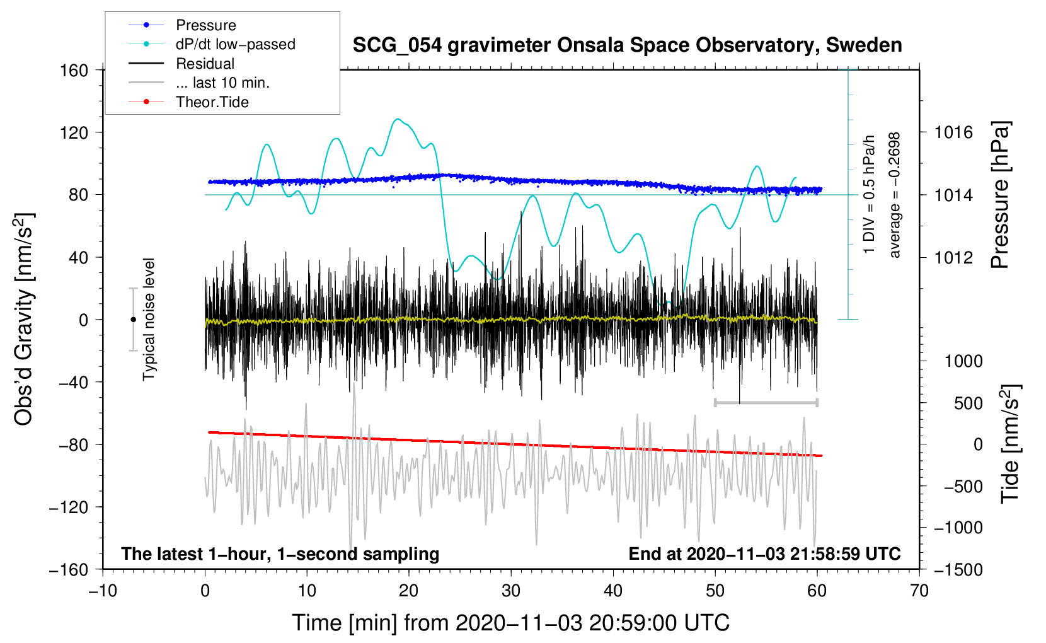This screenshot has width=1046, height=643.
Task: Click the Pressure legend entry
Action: point(205,25)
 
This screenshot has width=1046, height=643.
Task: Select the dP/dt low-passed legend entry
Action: point(234,44)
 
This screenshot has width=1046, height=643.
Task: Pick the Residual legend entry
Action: point(205,64)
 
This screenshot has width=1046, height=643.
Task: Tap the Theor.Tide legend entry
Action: point(212,102)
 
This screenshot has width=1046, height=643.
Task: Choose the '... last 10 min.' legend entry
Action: point(222,83)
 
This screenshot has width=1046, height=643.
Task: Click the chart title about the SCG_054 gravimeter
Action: point(627,45)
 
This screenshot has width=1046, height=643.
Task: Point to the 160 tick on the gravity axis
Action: point(74,70)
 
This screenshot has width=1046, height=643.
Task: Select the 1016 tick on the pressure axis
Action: point(953,132)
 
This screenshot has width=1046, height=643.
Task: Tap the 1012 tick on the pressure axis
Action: point(953,257)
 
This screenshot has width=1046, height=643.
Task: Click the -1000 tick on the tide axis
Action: point(958,528)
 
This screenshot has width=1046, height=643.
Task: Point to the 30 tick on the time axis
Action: point(511,591)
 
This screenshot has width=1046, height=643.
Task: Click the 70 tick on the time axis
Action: point(919,591)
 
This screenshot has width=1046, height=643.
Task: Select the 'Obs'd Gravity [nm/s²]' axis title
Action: point(24,319)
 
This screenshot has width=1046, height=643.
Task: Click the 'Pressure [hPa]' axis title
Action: point(1000,195)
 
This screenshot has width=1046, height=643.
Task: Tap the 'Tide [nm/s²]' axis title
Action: point(1010,444)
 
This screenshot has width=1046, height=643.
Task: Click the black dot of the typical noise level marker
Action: point(133,320)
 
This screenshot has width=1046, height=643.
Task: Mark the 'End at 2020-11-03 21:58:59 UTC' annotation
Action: point(764,554)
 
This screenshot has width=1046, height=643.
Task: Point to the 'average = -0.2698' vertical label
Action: point(894,195)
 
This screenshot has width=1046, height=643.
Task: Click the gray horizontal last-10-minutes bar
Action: point(766,402)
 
